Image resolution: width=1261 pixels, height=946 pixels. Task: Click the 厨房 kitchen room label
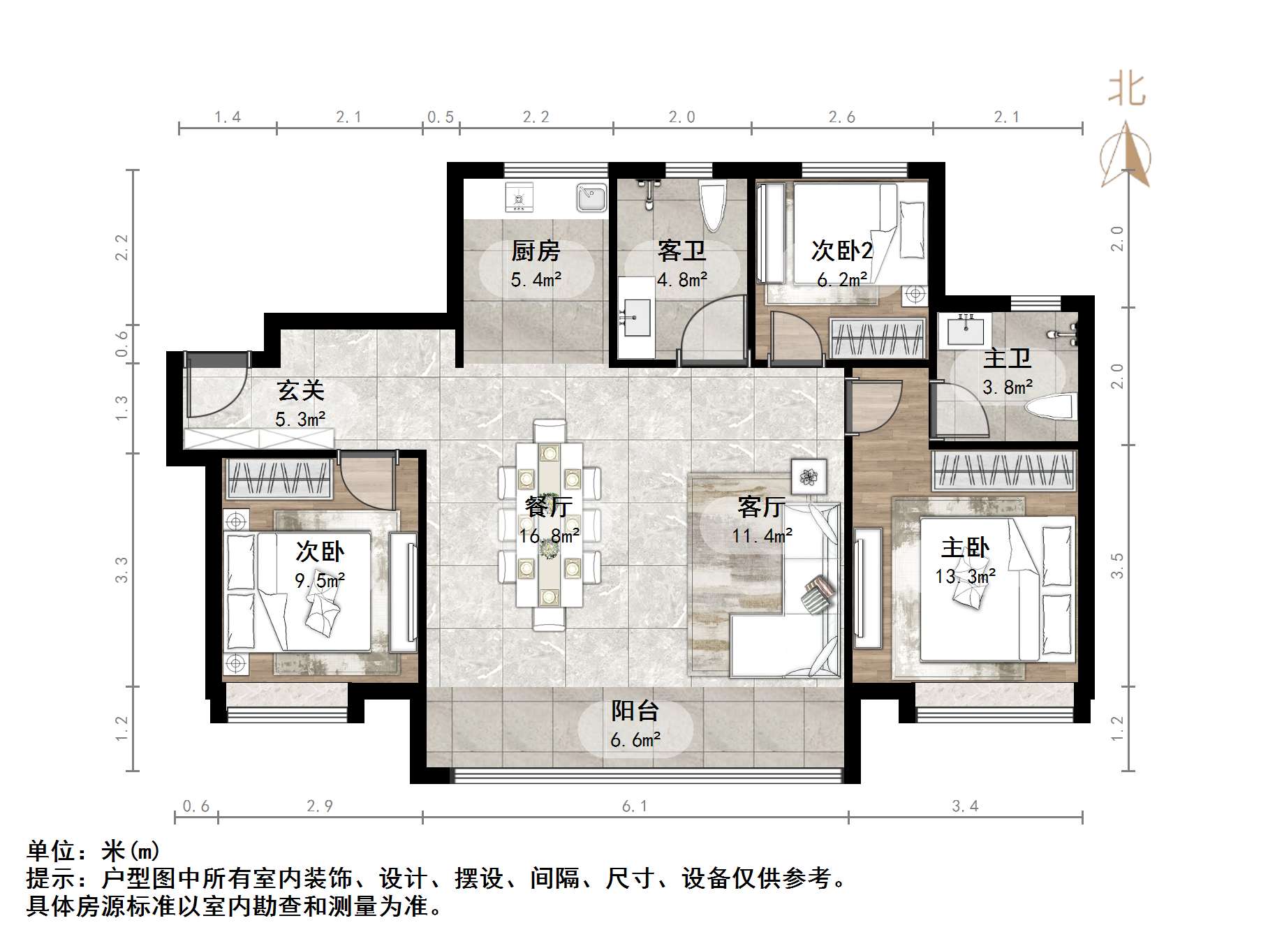point(536,250)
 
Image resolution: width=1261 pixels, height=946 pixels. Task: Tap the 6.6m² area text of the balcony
point(635,740)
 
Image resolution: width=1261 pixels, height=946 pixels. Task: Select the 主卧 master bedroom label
point(965,547)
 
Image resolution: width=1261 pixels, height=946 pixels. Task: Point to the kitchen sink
point(591,197)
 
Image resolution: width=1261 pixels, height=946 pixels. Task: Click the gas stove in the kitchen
point(519,198)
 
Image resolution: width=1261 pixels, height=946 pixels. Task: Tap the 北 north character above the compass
point(1126,89)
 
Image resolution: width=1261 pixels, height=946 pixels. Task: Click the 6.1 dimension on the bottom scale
point(635,806)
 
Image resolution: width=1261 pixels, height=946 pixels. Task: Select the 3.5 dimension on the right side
point(1117,565)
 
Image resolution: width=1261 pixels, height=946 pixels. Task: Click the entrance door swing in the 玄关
point(213,391)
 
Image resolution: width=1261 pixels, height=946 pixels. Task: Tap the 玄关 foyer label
point(300,390)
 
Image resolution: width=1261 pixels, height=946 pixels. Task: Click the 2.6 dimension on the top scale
point(841,117)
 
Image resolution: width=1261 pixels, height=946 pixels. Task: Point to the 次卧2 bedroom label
point(841,250)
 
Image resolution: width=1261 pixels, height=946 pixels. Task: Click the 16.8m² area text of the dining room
point(549,536)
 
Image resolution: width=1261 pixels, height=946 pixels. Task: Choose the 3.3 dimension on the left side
point(121,569)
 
